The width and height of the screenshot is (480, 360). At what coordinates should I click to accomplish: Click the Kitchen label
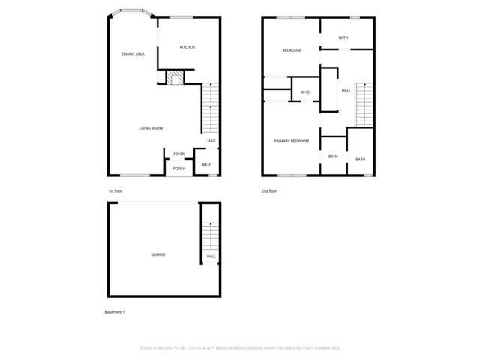[187, 47]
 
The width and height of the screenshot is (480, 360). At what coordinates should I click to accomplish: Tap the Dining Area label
[133, 55]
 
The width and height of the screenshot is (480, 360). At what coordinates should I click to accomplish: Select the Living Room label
[151, 128]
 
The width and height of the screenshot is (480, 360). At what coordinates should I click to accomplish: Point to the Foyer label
[178, 154]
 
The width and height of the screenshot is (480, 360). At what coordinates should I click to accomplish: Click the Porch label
[179, 168]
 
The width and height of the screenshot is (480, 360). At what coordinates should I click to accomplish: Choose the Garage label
[158, 254]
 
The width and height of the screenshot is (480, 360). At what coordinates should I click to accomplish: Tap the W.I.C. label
[306, 92]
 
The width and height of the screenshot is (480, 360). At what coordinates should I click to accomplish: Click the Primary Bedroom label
[291, 141]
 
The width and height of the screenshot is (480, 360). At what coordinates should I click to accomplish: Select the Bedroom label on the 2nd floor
[291, 50]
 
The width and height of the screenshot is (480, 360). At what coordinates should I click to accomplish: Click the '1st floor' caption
[115, 191]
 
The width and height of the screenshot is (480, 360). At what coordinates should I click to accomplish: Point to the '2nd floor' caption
[269, 191]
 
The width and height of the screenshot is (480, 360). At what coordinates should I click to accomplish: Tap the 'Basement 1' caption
[115, 311]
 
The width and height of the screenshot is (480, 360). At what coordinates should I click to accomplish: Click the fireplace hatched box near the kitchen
[175, 78]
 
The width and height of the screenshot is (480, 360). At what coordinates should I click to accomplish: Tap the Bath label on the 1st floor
[207, 165]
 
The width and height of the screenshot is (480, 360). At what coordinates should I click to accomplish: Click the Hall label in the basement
[211, 256]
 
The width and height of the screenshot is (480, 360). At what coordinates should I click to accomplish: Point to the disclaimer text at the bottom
[240, 348]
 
